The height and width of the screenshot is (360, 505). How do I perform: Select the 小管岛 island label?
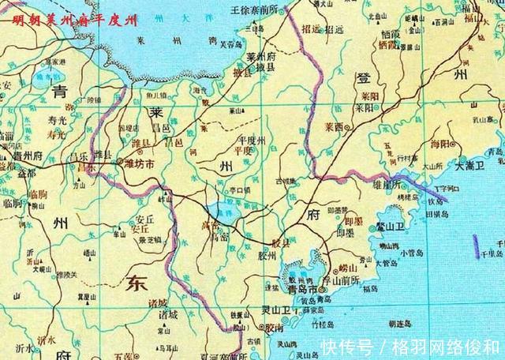(x=412, y=253)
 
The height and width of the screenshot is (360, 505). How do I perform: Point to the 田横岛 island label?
(x=436, y=214)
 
